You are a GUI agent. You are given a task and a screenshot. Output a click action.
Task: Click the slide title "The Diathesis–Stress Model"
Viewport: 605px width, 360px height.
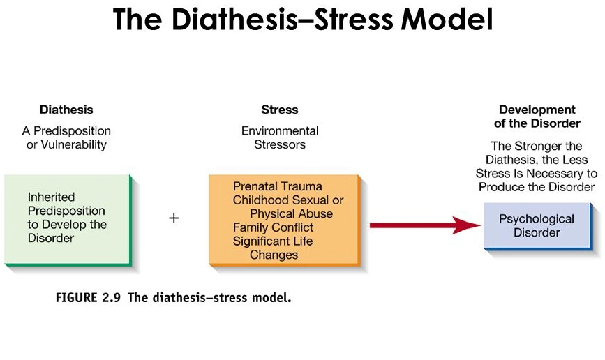click(302, 20)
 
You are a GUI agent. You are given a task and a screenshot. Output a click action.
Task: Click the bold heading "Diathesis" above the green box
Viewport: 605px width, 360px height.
click(66, 110)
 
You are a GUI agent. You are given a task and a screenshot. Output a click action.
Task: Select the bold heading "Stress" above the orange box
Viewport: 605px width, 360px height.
click(279, 110)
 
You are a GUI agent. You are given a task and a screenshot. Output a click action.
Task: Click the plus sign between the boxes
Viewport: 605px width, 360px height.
click(174, 218)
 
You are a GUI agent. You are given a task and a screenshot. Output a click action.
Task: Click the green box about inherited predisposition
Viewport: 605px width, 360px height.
click(67, 219)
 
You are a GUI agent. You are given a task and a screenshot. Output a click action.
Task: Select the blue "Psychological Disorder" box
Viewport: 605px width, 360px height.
click(536, 226)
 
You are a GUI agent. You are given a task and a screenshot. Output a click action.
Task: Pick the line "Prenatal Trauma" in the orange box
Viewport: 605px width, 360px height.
click(278, 186)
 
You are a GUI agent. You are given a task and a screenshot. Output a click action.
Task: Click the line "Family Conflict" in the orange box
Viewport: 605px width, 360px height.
click(274, 227)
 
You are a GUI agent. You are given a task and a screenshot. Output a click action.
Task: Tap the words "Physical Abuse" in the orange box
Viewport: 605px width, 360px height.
click(291, 213)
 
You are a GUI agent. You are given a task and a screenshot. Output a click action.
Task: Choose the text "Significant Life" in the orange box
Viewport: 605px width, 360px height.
click(273, 241)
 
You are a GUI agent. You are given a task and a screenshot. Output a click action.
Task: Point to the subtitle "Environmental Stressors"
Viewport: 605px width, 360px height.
click(279, 137)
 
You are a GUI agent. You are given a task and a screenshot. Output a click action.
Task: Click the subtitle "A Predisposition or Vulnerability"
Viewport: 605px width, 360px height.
click(66, 137)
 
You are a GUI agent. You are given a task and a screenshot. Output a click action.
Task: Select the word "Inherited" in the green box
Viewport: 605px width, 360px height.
click(51, 197)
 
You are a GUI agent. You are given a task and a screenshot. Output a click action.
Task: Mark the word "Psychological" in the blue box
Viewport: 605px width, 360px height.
click(536, 219)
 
